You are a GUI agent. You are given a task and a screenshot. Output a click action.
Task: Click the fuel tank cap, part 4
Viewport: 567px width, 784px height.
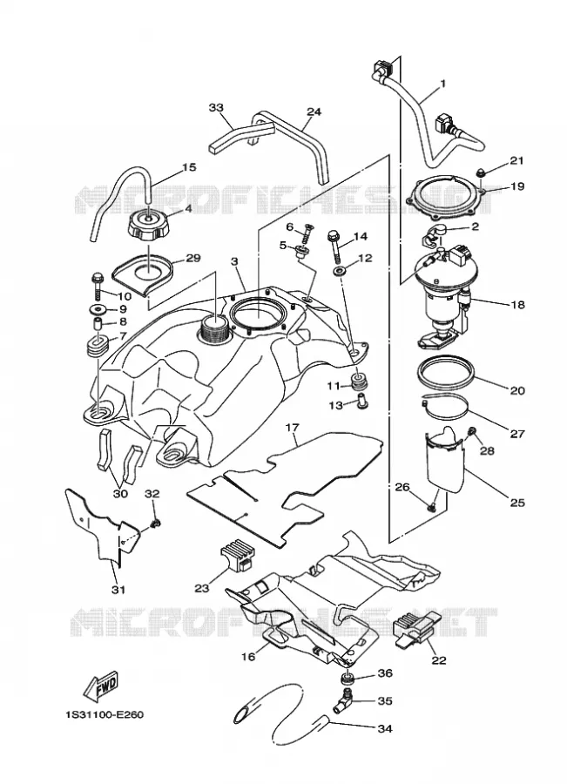tap(150, 226)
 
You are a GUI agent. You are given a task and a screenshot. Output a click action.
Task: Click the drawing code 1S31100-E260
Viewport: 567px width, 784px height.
tap(104, 714)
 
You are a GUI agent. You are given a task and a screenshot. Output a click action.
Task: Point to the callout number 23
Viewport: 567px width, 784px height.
tap(201, 588)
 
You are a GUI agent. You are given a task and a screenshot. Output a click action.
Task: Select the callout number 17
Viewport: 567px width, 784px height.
tap(292, 428)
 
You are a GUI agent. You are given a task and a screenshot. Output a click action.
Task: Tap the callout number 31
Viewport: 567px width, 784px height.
tap(118, 590)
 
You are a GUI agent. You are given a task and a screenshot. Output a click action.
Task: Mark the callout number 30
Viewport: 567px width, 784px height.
tap(120, 494)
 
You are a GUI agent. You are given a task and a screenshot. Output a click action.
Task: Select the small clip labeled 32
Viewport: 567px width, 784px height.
tap(156, 524)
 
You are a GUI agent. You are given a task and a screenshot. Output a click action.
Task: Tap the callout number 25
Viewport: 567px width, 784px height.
tap(517, 502)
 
